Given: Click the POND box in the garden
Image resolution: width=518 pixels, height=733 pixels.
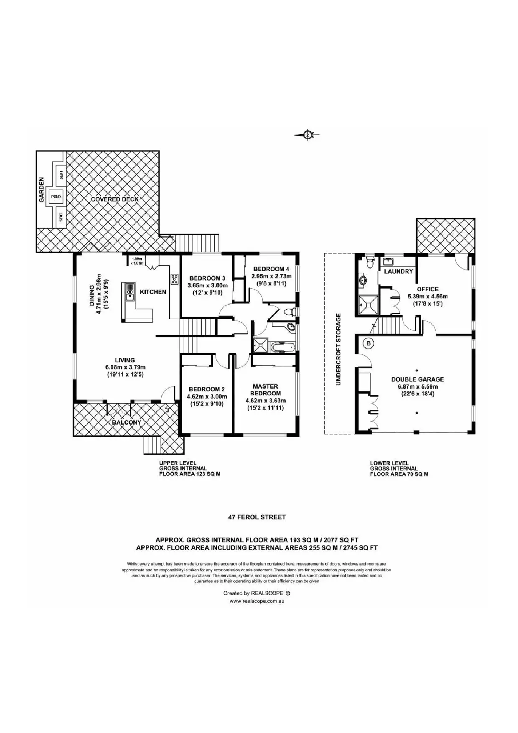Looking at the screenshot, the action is click(x=56, y=197).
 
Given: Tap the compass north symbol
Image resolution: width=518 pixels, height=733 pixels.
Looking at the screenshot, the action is click(x=308, y=135).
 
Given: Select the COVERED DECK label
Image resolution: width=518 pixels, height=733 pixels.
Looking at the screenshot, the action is click(x=115, y=199).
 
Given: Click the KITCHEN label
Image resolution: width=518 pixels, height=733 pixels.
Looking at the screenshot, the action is click(x=153, y=292).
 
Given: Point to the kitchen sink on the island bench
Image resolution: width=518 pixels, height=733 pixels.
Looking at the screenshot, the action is click(x=130, y=293).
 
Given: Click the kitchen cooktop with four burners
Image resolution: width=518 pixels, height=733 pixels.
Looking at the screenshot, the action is click(x=174, y=278).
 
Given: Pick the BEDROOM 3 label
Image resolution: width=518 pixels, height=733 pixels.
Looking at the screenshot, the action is click(x=207, y=278).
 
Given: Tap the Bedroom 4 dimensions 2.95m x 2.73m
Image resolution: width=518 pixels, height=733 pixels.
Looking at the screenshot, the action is click(x=272, y=276).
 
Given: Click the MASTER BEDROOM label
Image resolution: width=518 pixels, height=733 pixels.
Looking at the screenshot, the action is click(x=265, y=389).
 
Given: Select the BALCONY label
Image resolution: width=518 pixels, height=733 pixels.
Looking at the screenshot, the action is click(x=127, y=422).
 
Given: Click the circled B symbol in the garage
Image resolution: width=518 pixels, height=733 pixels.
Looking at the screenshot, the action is click(x=368, y=344).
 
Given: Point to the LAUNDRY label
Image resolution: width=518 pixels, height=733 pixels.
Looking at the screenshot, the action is click(x=398, y=271).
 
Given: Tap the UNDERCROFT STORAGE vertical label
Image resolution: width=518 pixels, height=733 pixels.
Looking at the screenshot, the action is click(x=338, y=349).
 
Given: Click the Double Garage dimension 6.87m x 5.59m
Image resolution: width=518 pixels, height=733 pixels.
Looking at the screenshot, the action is click(x=417, y=387).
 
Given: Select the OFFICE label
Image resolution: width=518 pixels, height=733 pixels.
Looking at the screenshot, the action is click(x=428, y=289).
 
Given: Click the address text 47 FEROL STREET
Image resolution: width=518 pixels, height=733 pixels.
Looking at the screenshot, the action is click(x=257, y=517).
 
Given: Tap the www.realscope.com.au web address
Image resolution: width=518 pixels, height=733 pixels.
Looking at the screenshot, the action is click(x=257, y=601).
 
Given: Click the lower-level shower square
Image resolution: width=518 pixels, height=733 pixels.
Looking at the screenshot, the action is click(x=368, y=305).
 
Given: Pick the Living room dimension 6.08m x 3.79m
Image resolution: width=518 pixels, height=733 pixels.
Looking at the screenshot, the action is click(x=125, y=367).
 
